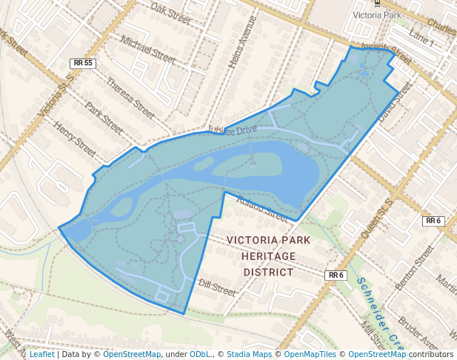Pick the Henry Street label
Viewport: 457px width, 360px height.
[x=75, y=140]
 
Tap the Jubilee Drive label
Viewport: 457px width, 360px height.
[x=232, y=130]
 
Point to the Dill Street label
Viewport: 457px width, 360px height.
[x=217, y=287]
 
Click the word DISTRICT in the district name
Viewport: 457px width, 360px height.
[x=268, y=272]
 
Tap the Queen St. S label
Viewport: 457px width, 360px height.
[x=374, y=214]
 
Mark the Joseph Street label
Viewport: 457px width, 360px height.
[x=385, y=52]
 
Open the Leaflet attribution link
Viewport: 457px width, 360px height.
[x=41, y=355]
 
